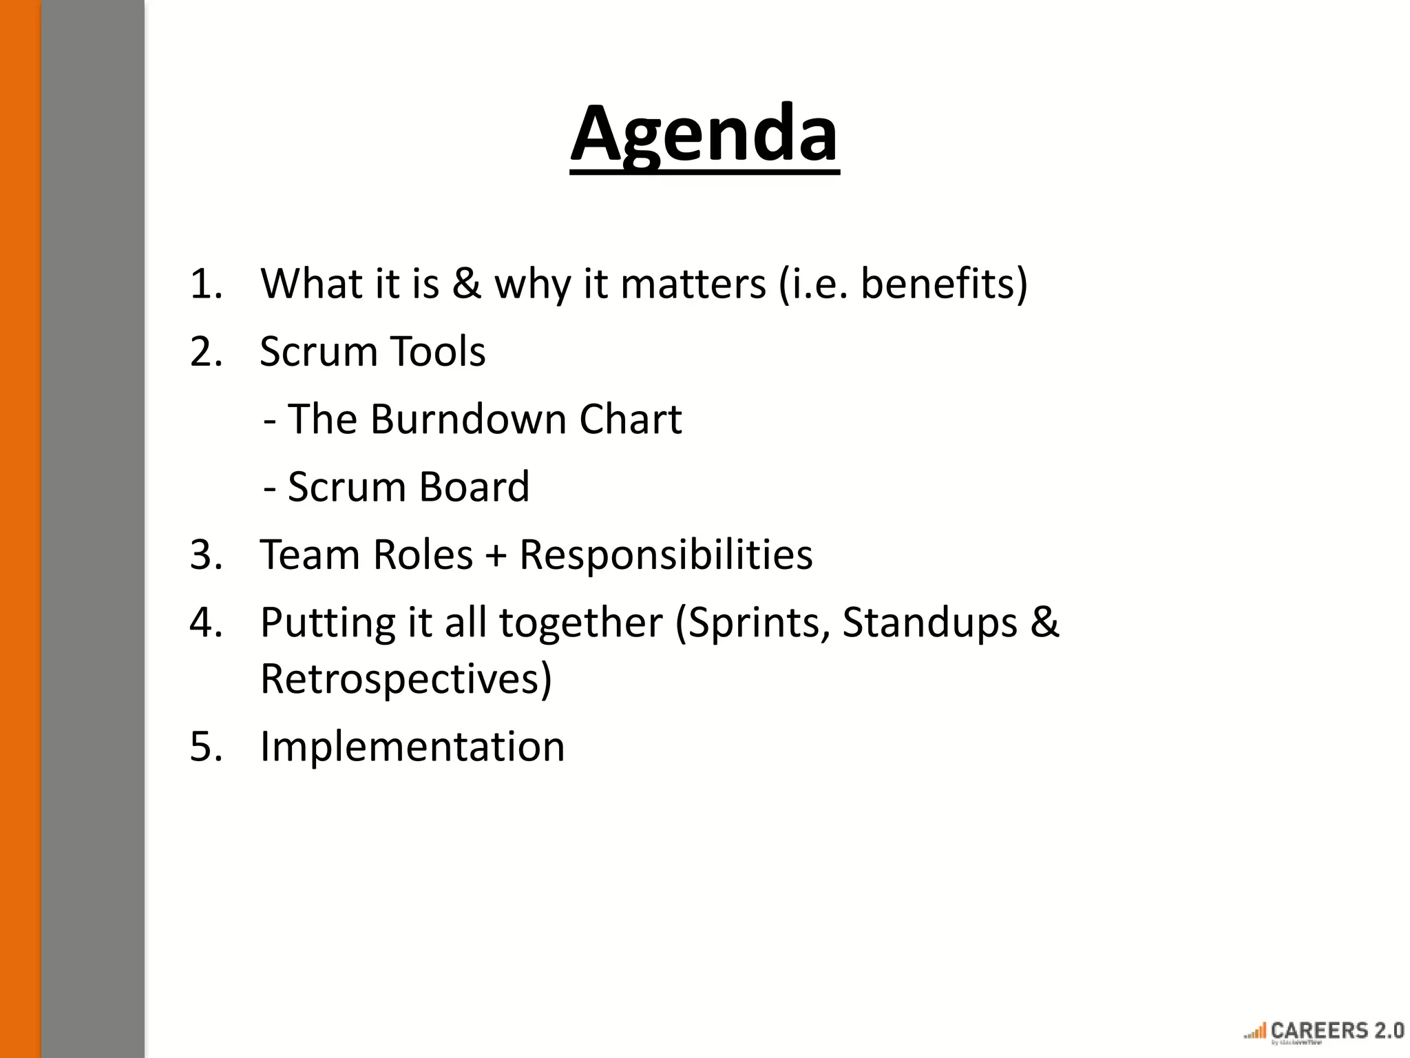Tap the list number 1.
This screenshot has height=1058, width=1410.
point(206,284)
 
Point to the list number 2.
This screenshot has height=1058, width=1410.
point(206,352)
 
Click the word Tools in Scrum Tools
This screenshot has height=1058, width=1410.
point(438,352)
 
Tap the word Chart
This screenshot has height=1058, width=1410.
point(631,419)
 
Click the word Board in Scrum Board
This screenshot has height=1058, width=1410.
point(474,487)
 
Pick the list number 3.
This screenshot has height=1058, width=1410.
point(206,555)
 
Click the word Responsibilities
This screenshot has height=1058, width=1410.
point(666,555)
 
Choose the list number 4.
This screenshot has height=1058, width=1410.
point(206,623)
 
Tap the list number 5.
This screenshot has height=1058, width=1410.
point(206,747)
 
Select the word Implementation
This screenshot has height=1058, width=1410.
point(412,747)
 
